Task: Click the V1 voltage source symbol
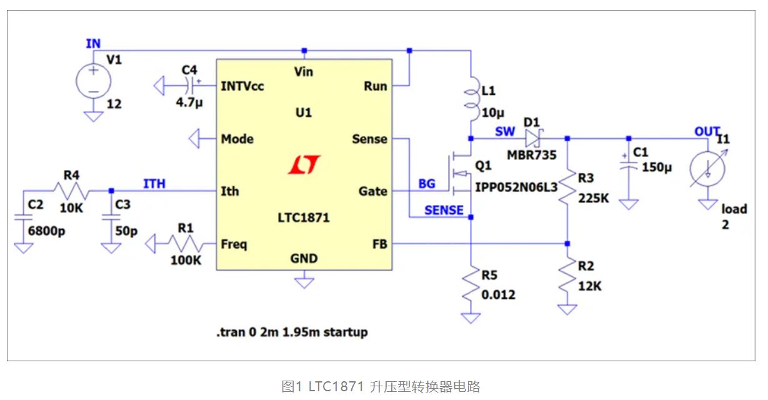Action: coord(93,81)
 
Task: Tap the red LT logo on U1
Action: coord(304,164)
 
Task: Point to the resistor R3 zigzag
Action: coord(567,187)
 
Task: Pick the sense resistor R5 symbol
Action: coord(471,288)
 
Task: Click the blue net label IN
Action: coord(93,42)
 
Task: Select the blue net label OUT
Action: coord(707,131)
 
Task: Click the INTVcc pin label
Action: coord(242,86)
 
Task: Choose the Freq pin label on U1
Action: coord(234,244)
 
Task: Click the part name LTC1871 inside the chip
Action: coord(304,218)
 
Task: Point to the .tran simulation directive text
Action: coord(292,332)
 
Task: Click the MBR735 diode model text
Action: coord(531,154)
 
